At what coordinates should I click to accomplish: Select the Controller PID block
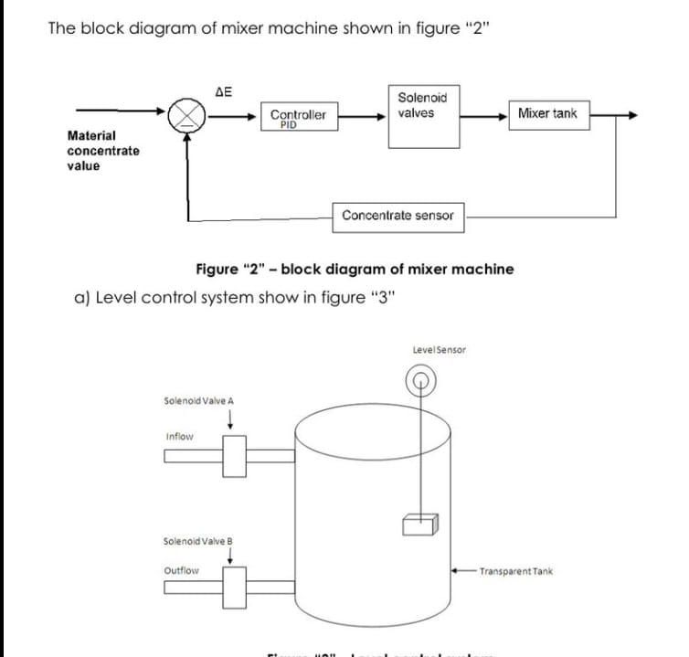[x=298, y=117]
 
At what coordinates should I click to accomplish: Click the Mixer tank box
[x=547, y=114]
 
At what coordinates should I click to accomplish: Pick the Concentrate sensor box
[x=397, y=216]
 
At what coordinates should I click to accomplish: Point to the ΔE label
[x=223, y=91]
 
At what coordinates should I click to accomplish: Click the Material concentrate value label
[x=103, y=151]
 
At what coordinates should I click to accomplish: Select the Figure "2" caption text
[x=355, y=269]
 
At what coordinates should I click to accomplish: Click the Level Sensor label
[x=439, y=350]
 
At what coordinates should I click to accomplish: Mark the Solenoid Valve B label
[x=198, y=540]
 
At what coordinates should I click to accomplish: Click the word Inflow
[x=180, y=437]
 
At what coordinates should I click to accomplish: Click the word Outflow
[x=181, y=571]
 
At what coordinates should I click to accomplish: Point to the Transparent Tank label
[x=516, y=571]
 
